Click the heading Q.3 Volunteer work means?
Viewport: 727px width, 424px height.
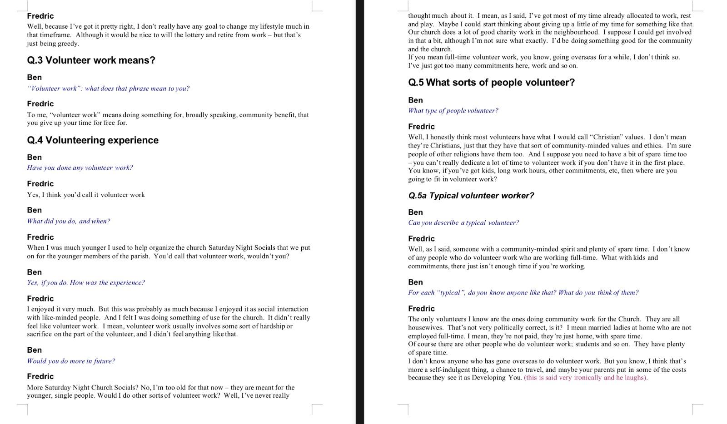pyautogui.click(x=91, y=60)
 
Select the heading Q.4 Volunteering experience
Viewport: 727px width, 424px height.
pyautogui.click(x=93, y=140)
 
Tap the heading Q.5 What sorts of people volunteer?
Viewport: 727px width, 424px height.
pyautogui.click(x=491, y=83)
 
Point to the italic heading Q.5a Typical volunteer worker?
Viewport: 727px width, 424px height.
pyautogui.click(x=471, y=196)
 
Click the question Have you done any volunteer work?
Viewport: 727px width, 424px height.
pyautogui.click(x=80, y=168)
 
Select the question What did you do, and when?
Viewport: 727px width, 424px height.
pyautogui.click(x=68, y=221)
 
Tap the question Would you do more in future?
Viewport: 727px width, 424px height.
pyautogui.click(x=70, y=361)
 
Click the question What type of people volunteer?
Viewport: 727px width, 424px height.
pyautogui.click(x=453, y=110)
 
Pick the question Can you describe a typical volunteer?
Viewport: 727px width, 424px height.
pyautogui.click(x=463, y=222)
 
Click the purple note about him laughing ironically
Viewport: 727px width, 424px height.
pyautogui.click(x=586, y=378)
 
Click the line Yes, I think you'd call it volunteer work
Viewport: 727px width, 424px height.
pyautogui.click(x=85, y=195)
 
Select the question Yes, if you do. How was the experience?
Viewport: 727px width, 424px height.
pyautogui.click(x=85, y=282)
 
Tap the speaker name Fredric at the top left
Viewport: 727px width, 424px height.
pyautogui.click(x=40, y=16)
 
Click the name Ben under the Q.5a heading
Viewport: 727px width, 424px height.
pyautogui.click(x=415, y=212)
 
